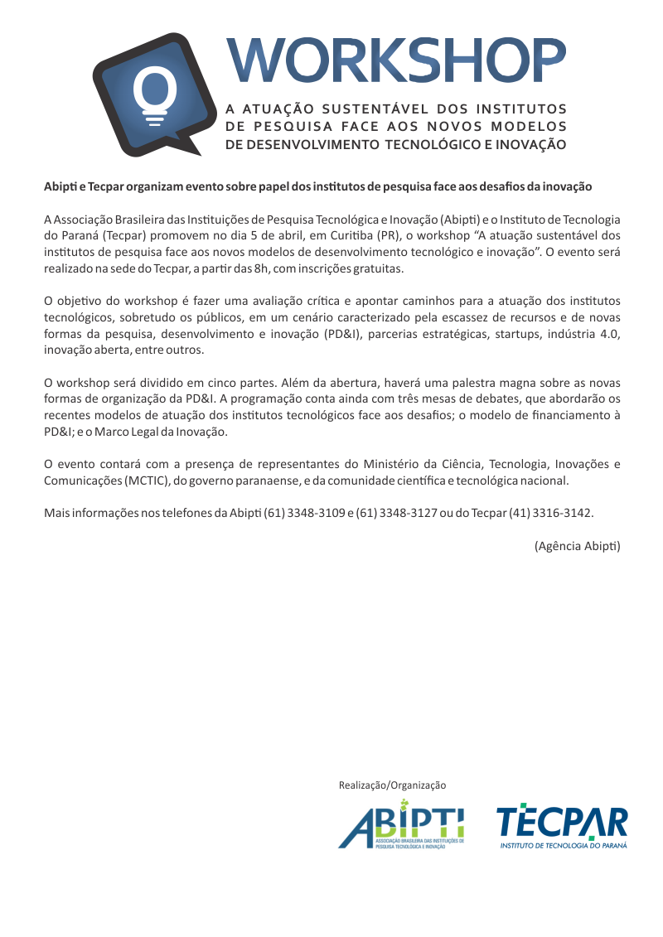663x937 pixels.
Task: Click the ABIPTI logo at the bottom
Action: coord(400,825)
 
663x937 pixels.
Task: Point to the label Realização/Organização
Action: coord(392,785)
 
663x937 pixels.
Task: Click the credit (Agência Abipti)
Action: coord(577,546)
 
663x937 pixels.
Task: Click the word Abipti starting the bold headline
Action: coord(60,186)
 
